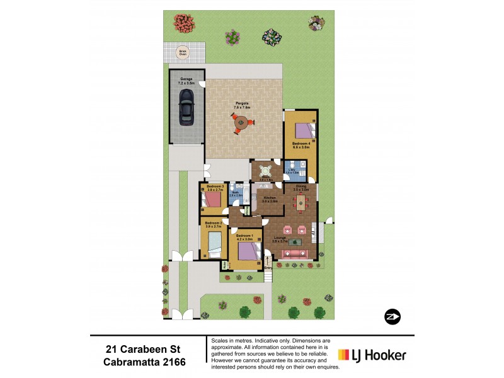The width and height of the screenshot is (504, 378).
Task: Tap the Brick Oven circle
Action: [x=183, y=53]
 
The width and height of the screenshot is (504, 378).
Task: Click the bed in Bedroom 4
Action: [x=306, y=131]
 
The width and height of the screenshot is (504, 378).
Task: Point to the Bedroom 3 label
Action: [x=215, y=186]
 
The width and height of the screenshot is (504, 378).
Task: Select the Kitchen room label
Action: [x=270, y=198]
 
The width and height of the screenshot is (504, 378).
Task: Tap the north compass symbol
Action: [x=391, y=316]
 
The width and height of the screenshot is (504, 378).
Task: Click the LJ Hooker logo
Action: [x=372, y=355]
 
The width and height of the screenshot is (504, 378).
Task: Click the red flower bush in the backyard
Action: [x=184, y=24]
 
